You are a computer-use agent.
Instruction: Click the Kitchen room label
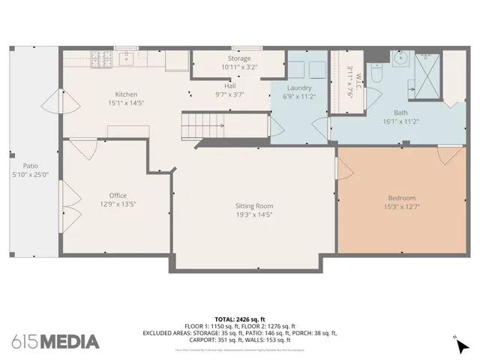126,94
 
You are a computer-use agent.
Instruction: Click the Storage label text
239,58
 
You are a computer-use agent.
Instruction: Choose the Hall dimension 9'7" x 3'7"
229,94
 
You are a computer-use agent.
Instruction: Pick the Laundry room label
299,88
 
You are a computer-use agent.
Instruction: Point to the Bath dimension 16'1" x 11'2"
379,121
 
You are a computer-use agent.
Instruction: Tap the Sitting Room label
254,205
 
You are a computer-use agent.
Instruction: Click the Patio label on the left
30,166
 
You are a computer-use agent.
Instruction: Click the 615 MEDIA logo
55,342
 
